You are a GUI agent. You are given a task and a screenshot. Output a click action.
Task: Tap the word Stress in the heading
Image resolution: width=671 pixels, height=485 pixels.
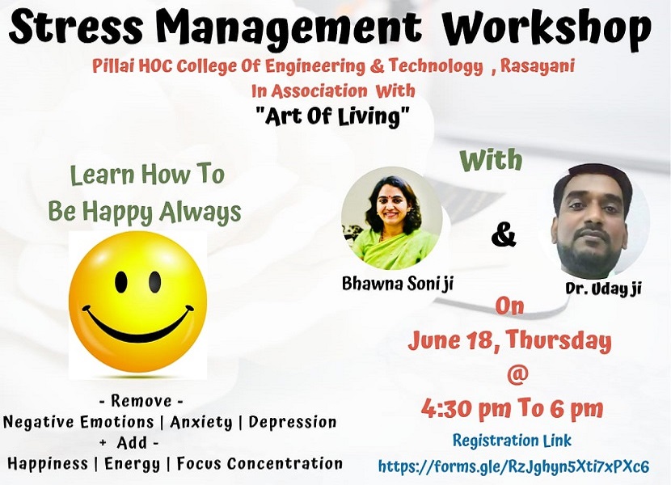(x=76, y=27)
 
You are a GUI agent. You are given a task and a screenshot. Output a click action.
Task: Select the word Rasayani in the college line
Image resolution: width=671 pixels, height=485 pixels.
(x=537, y=67)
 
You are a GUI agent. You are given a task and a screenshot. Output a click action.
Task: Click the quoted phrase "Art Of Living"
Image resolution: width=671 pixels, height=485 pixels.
(x=332, y=116)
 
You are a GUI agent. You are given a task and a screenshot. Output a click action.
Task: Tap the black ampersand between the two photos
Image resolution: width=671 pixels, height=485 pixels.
(x=504, y=234)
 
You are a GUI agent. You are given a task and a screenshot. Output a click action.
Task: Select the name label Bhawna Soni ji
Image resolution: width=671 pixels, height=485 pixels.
(x=397, y=284)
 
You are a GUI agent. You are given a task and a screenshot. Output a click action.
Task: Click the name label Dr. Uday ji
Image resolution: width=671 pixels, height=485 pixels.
(x=603, y=289)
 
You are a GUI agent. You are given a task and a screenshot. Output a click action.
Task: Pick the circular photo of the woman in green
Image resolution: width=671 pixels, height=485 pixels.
(x=392, y=218)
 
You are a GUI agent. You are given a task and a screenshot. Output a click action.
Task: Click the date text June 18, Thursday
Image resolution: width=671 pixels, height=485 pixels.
(x=509, y=341)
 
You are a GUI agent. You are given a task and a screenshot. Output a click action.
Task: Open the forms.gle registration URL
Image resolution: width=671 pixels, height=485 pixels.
(x=513, y=466)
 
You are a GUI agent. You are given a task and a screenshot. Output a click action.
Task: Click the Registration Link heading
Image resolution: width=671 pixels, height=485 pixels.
(x=512, y=441)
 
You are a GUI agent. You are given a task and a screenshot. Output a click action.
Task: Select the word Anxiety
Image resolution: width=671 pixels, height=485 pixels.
(x=201, y=423)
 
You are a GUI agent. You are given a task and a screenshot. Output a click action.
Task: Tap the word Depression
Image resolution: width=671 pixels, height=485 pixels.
(x=293, y=422)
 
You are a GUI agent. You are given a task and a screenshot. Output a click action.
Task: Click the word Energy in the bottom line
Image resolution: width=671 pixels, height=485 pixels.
(x=133, y=464)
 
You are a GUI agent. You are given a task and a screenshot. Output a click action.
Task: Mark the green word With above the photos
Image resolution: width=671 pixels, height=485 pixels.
(x=492, y=160)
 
